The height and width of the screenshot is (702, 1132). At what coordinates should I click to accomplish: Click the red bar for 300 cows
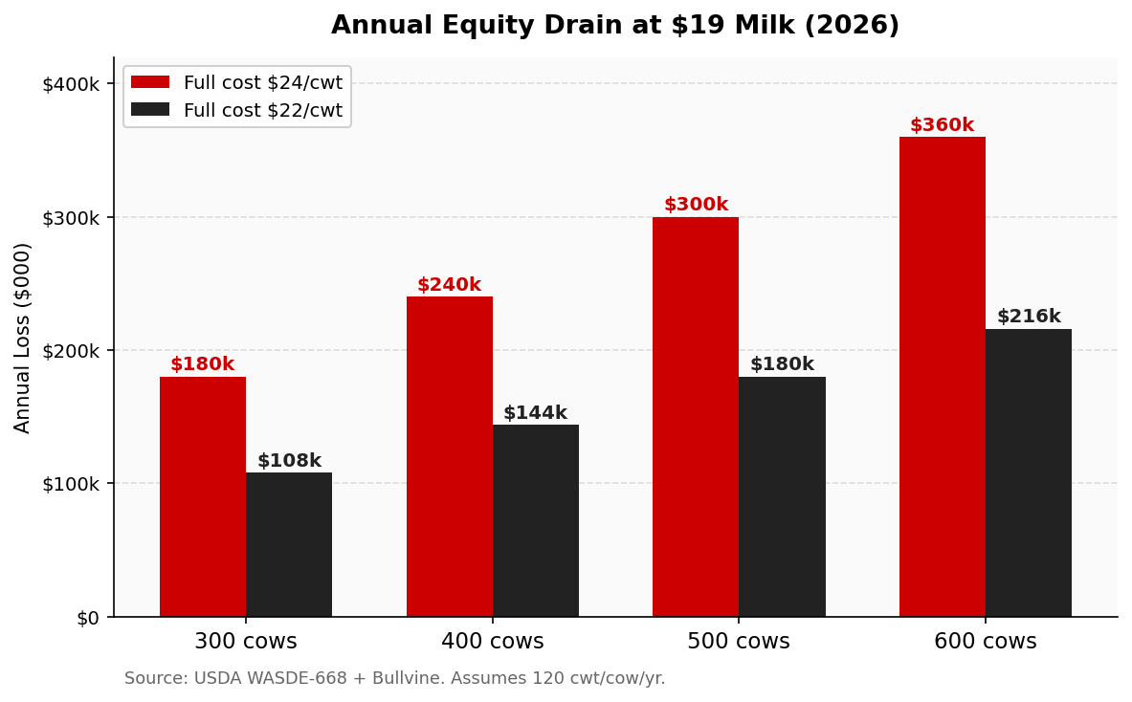(203, 496)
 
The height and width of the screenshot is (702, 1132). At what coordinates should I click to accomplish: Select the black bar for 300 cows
(289, 544)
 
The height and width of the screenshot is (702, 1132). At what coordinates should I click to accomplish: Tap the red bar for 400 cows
(450, 456)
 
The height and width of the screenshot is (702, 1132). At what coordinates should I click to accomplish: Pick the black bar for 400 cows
(536, 520)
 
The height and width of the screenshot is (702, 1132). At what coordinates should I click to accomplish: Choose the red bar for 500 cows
(696, 417)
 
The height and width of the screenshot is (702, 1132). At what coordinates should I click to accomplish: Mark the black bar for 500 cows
(782, 496)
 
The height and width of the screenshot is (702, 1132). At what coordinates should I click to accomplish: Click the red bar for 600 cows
(943, 377)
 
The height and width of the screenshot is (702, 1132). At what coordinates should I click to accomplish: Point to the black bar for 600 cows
(1029, 472)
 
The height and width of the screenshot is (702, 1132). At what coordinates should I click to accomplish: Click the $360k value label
(942, 125)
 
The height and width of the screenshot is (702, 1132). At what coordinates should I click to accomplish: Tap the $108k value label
(289, 461)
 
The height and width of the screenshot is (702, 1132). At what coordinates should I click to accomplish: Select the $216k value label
(1029, 317)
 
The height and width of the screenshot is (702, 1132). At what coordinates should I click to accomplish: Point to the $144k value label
(535, 413)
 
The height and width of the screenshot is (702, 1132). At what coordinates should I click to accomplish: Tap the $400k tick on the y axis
(71, 84)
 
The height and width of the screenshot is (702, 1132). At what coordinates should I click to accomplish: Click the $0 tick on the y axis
(88, 618)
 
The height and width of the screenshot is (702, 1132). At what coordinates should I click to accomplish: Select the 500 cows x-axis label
(739, 642)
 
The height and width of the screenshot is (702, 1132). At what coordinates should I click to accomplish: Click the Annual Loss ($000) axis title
(23, 338)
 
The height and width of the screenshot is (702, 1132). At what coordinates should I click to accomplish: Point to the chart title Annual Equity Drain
(615, 26)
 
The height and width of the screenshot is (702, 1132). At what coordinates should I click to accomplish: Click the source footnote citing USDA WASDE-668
(394, 679)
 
